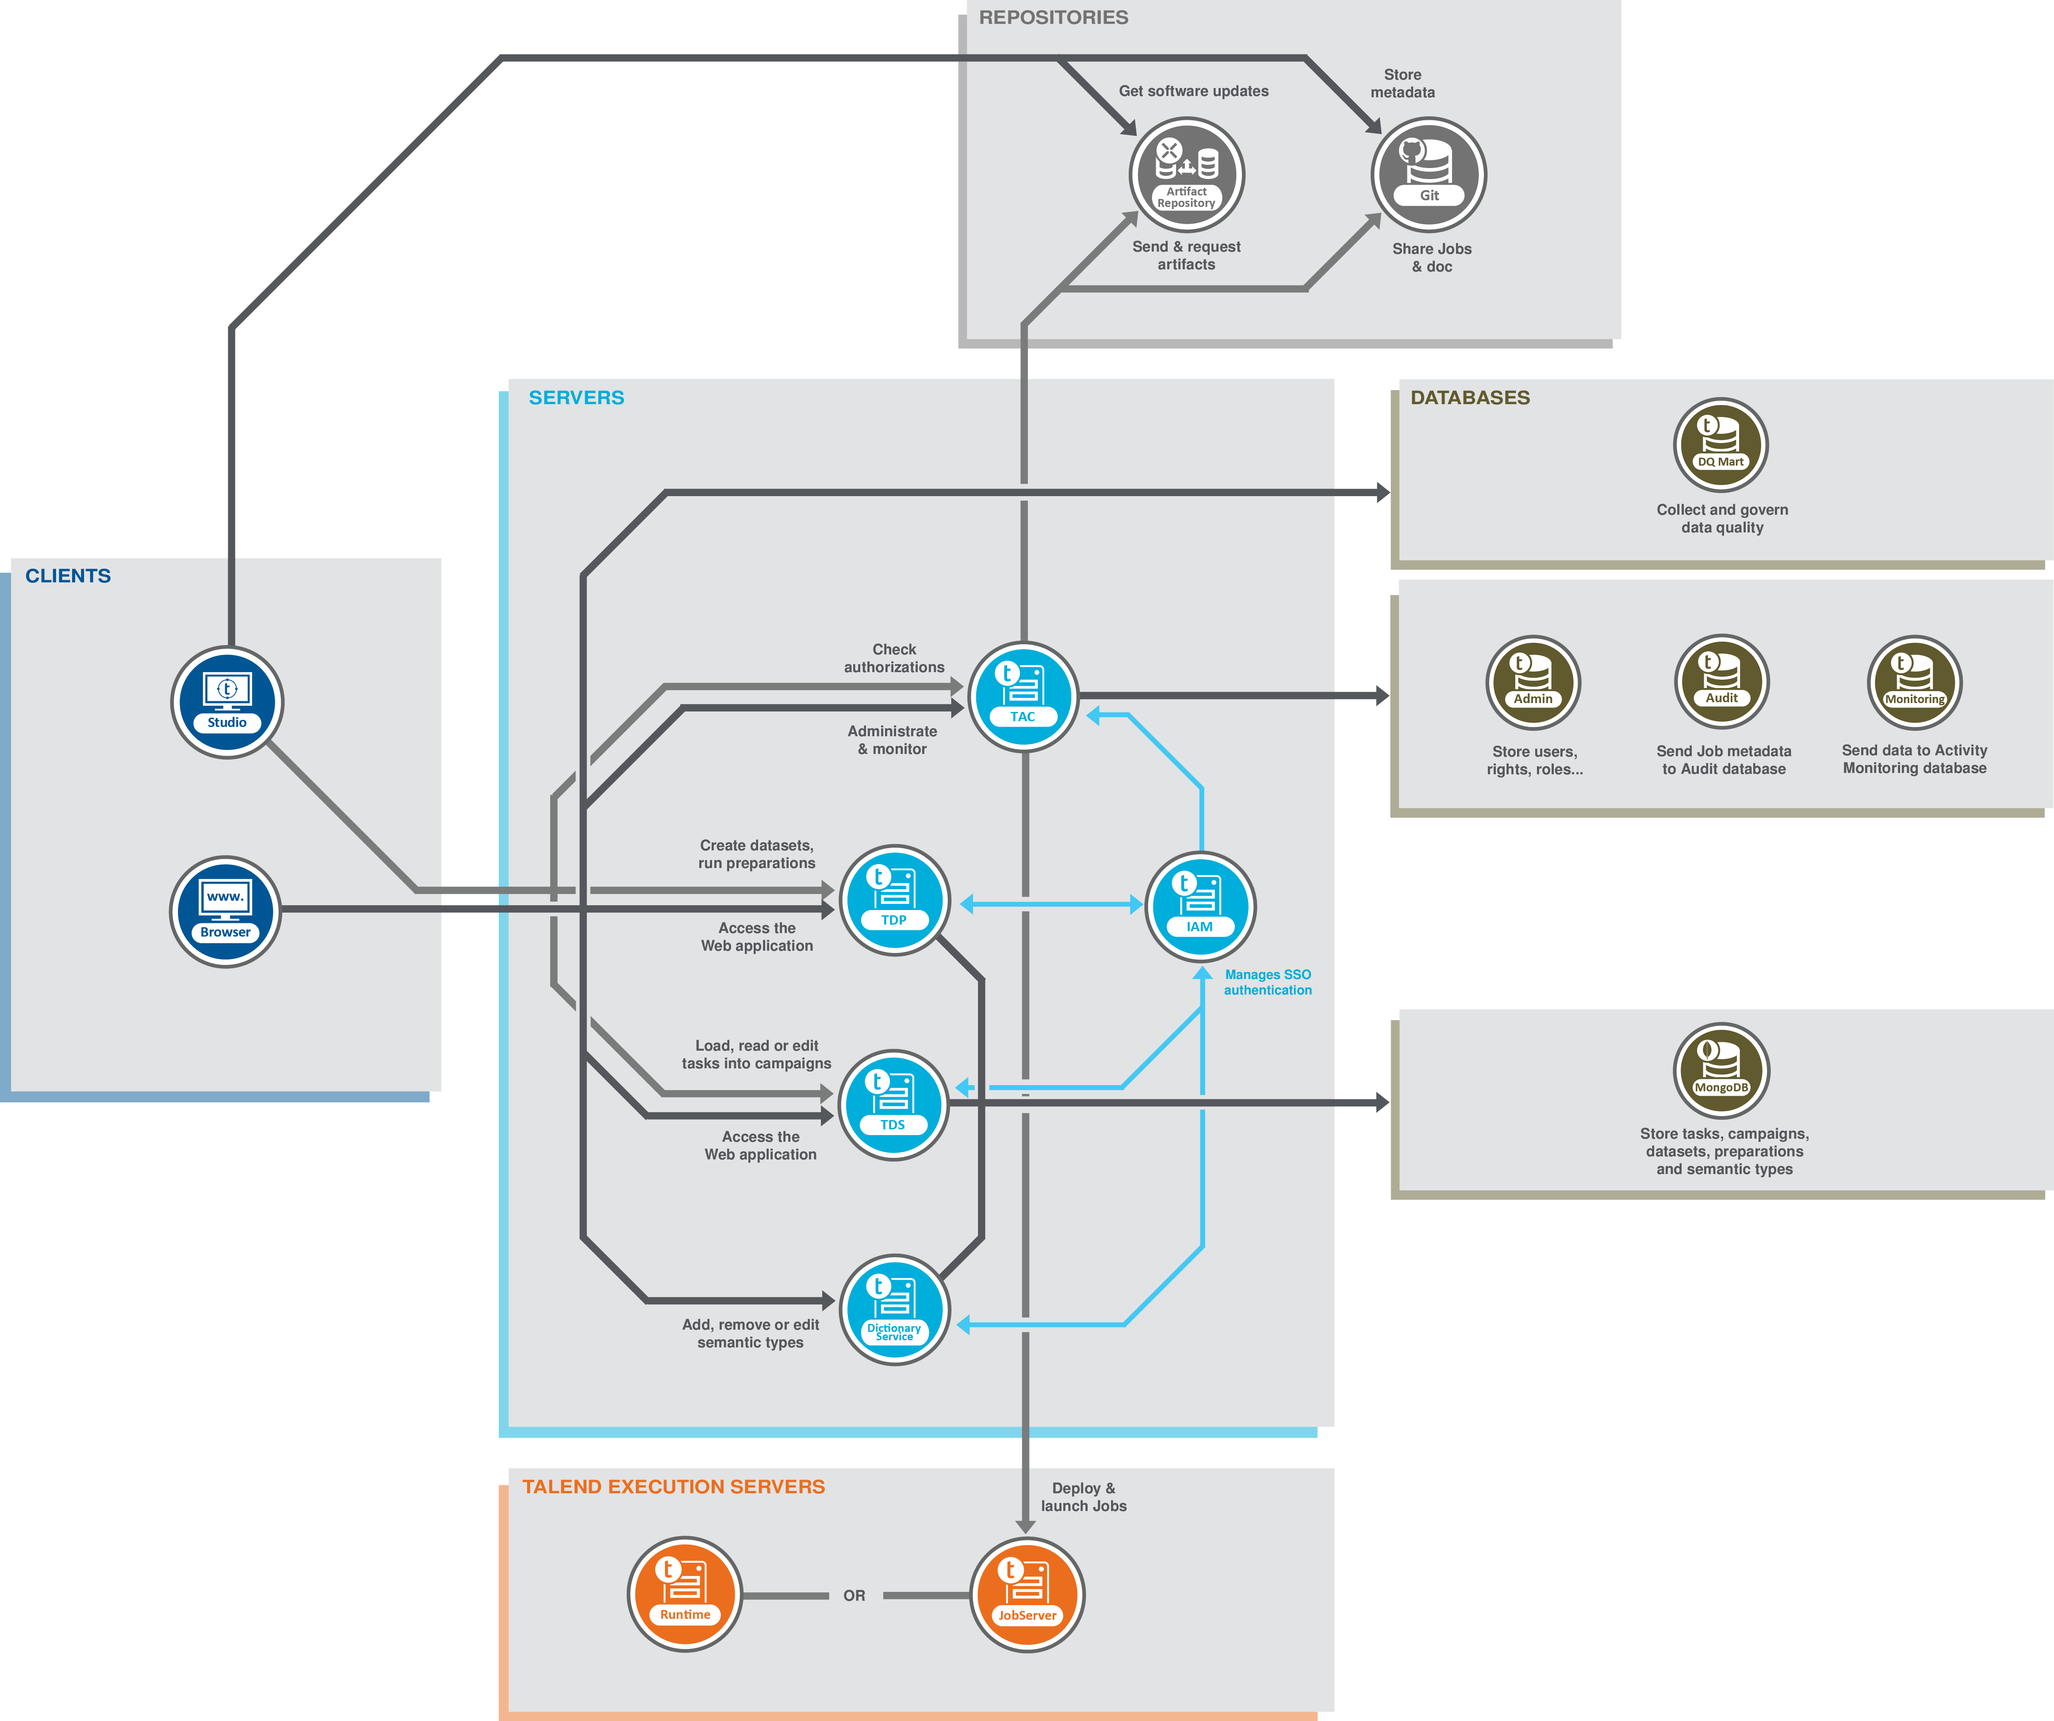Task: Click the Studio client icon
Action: [x=227, y=702]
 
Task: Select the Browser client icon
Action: [x=225, y=911]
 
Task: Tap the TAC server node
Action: [x=1023, y=696]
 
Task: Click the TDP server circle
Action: [x=894, y=899]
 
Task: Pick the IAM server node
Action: [x=1200, y=906]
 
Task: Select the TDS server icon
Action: [x=893, y=1105]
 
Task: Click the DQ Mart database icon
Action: [x=1721, y=445]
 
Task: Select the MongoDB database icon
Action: [x=1721, y=1071]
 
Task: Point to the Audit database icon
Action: [x=1721, y=681]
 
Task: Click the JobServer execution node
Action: [x=1027, y=1595]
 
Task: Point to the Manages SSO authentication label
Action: [x=1268, y=982]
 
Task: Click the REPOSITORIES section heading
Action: [x=1054, y=18]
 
